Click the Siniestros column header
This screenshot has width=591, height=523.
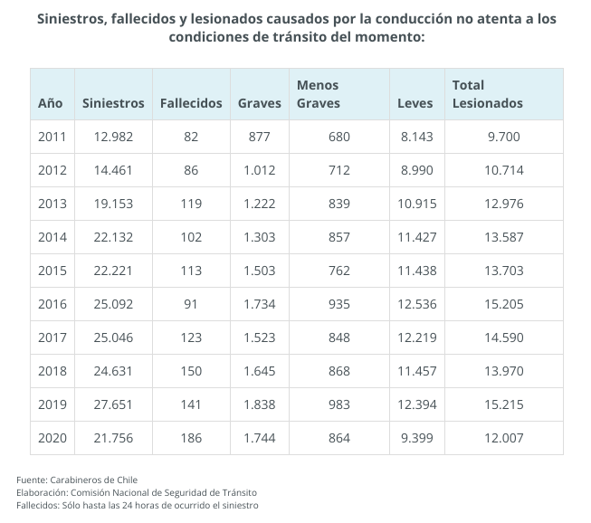tap(113, 103)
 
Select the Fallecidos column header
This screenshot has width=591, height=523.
tap(191, 103)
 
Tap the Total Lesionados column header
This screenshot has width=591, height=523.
tap(487, 94)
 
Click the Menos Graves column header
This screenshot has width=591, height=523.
tap(319, 94)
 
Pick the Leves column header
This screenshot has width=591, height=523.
tap(415, 103)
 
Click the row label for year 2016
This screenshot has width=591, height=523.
tap(52, 305)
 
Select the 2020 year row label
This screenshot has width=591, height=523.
tap(52, 438)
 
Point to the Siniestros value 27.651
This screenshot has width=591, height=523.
tap(113, 404)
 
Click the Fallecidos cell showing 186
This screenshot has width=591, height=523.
tap(191, 438)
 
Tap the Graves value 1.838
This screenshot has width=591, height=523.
tap(259, 404)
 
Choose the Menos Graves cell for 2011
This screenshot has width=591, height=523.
tap(339, 137)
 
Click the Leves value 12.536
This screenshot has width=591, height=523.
tap(416, 305)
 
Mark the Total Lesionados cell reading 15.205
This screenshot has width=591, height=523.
tap(503, 305)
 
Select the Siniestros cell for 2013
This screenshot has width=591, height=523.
tap(113, 204)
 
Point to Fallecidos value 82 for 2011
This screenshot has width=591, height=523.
tap(191, 137)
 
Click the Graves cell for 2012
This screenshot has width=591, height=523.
tap(259, 170)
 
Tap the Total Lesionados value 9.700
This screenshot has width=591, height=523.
tap(503, 137)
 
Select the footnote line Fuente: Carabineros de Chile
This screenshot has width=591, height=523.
tap(76, 479)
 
